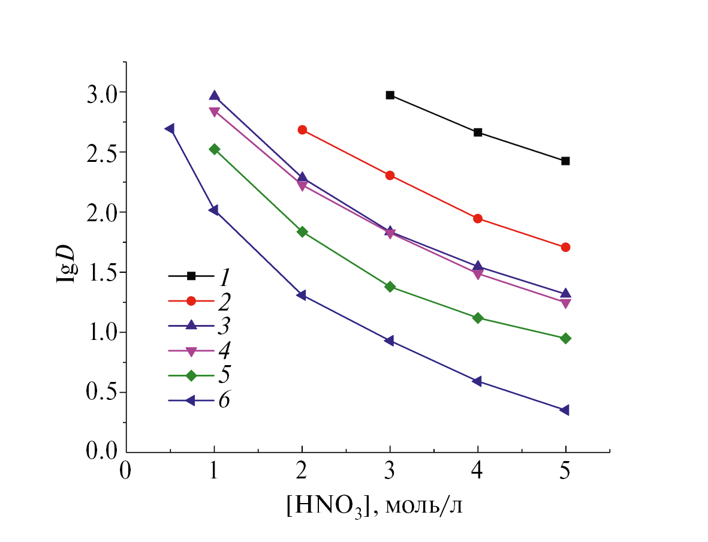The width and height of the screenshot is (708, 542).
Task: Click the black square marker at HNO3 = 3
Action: (x=390, y=95)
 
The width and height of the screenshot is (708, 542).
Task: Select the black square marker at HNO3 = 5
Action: (x=565, y=161)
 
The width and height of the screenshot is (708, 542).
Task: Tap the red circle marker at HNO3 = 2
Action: (x=302, y=130)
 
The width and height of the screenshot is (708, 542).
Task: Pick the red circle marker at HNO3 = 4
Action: (x=478, y=218)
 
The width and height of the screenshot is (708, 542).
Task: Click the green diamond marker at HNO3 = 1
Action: (x=214, y=149)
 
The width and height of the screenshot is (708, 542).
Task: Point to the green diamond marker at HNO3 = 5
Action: (x=565, y=338)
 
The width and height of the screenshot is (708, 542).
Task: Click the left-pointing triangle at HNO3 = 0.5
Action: (x=170, y=129)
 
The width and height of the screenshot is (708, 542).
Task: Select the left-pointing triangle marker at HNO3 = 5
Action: (x=565, y=410)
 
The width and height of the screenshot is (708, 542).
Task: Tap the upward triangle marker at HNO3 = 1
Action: (x=214, y=96)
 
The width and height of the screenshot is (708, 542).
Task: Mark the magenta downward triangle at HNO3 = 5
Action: (x=565, y=303)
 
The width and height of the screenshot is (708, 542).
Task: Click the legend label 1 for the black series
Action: (x=224, y=276)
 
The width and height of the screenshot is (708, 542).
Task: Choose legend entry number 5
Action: (x=224, y=375)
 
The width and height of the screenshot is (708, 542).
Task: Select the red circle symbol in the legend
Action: (x=191, y=300)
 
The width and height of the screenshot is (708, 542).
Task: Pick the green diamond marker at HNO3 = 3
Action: (x=390, y=287)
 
